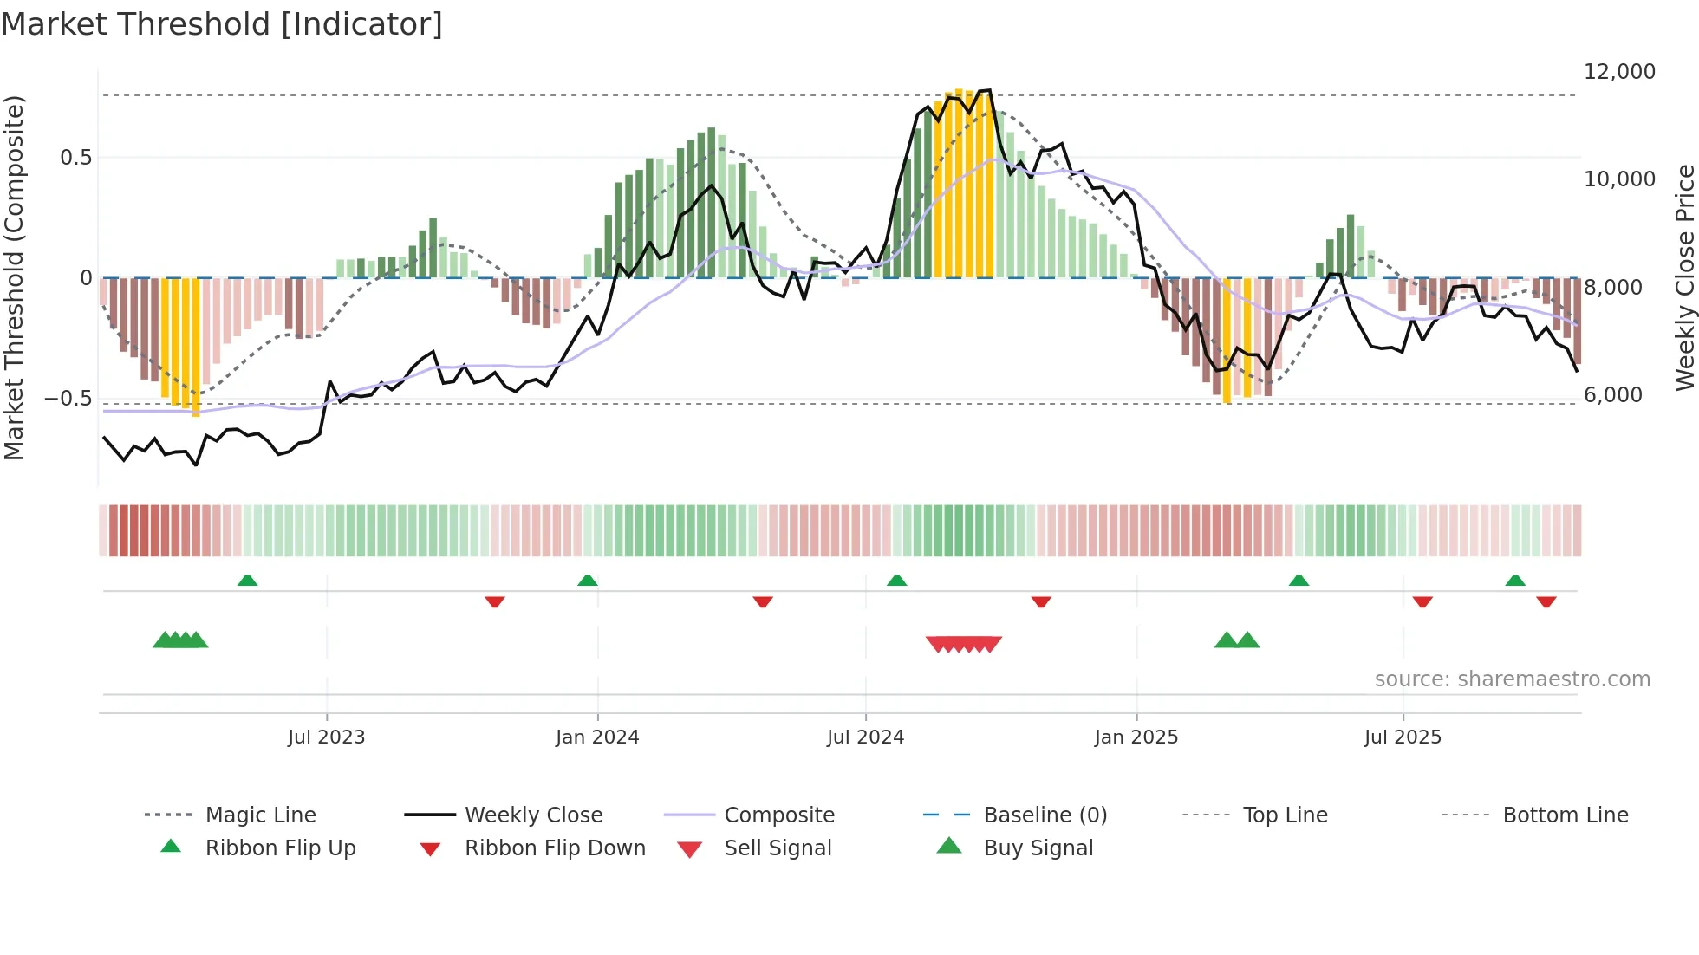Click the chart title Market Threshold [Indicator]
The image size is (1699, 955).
pyautogui.click(x=222, y=24)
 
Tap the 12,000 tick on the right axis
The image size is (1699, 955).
pyautogui.click(x=1619, y=72)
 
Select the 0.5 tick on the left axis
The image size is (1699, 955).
pyautogui.click(x=75, y=158)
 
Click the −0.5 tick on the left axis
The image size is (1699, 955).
pyautogui.click(x=68, y=399)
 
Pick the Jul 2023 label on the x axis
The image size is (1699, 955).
pyautogui.click(x=326, y=737)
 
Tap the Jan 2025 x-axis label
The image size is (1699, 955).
pyautogui.click(x=1136, y=737)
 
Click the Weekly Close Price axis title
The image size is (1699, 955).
pyautogui.click(x=1684, y=277)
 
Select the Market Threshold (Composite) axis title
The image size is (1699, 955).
pyautogui.click(x=14, y=277)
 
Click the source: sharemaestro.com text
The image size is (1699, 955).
pyautogui.click(x=1512, y=679)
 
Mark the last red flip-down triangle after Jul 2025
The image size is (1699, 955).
pyautogui.click(x=1546, y=601)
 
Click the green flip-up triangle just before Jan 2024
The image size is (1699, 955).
pyautogui.click(x=588, y=581)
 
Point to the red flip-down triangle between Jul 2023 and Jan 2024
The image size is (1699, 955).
pyautogui.click(x=495, y=601)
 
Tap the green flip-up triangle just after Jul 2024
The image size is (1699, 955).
pyautogui.click(x=897, y=581)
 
